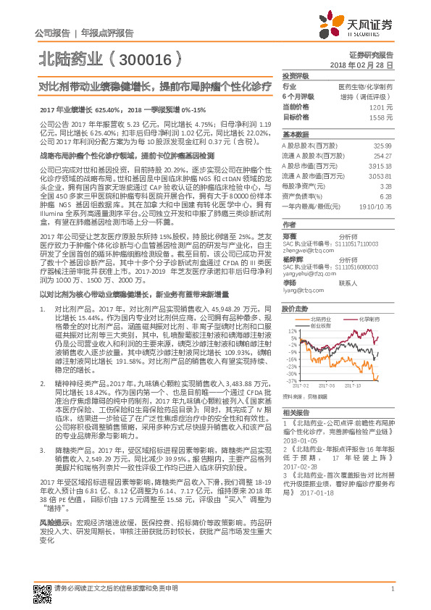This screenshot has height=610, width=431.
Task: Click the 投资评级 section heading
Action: point(296,75)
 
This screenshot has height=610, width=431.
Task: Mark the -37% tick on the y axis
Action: point(291,380)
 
